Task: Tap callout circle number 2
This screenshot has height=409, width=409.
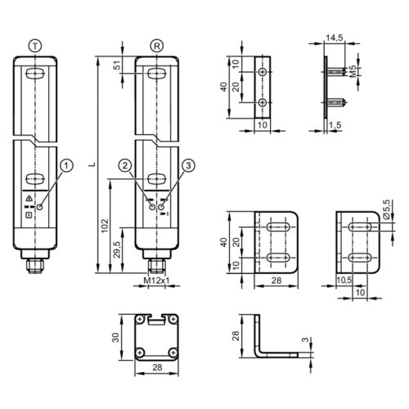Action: pos(124,166)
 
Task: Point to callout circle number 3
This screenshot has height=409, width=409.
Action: pos(188,166)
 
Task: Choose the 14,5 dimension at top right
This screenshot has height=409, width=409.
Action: pos(335,38)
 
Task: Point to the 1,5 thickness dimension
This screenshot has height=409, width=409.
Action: pos(334,125)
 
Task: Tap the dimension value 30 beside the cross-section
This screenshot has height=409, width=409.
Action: pos(117,337)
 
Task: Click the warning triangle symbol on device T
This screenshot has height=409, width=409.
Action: pos(29,199)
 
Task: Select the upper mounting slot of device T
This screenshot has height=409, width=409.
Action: pos(33,76)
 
